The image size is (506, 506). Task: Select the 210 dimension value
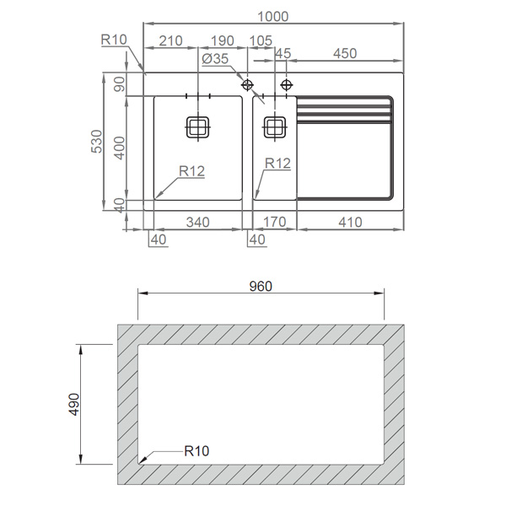[x=170, y=41]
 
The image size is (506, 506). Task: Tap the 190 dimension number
[x=222, y=41]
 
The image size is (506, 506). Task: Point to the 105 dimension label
[x=261, y=41]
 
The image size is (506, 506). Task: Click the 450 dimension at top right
[x=344, y=53]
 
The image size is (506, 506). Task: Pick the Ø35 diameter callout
[x=216, y=58]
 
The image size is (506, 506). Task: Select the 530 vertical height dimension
[x=97, y=143]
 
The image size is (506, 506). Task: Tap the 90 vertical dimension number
[x=119, y=85]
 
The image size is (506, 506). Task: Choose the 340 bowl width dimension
[x=197, y=222]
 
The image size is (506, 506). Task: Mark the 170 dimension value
[x=274, y=222]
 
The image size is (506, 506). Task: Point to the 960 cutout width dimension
[x=261, y=286]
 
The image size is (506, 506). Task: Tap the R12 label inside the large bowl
[x=192, y=171]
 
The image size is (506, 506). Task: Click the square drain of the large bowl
[x=197, y=127]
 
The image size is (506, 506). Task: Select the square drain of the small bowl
[x=274, y=127]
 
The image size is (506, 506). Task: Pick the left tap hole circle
[x=248, y=85]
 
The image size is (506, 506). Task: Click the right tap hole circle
[x=287, y=84]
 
